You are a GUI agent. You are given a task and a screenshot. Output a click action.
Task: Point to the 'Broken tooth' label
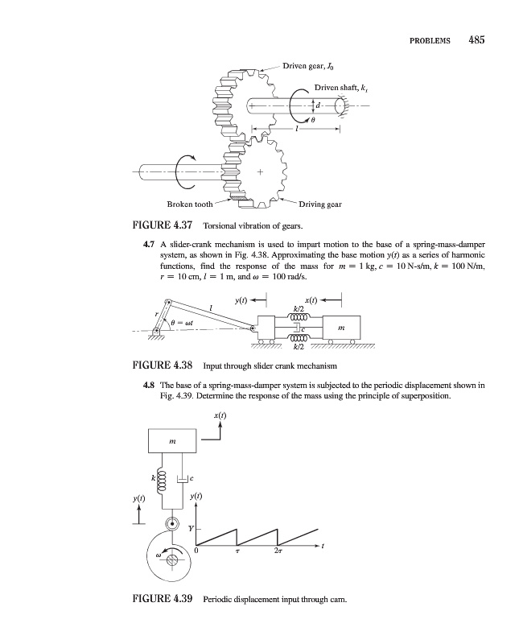tap(190, 204)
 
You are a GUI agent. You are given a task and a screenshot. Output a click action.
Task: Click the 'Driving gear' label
tap(319, 204)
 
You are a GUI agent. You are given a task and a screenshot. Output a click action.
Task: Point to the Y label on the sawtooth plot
tap(190, 529)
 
